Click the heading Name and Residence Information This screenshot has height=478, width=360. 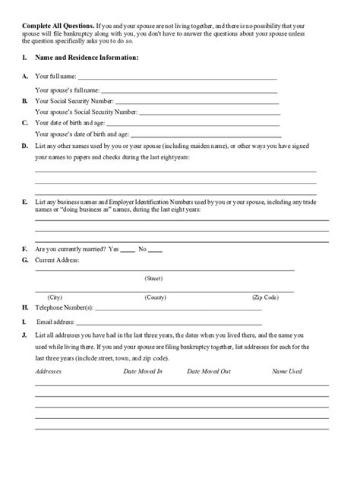tap(86, 58)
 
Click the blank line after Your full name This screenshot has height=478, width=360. tap(177, 78)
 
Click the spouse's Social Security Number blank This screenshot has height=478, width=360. tap(209, 114)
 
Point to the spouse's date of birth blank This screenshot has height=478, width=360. tap(205, 136)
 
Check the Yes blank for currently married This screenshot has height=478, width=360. tap(127, 251)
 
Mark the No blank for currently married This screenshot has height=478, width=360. tap(155, 251)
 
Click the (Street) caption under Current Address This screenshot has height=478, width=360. tap(153, 278)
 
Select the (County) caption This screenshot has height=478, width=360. tap(155, 297)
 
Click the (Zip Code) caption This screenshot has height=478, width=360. tap(265, 297)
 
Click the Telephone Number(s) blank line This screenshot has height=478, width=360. tap(178, 310)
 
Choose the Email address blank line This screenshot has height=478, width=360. tap(169, 324)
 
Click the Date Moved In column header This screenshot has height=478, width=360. tap(143, 372)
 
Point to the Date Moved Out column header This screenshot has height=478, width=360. tap(208, 372)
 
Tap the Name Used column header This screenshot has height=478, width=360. tap(286, 372)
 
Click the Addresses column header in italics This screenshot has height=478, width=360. tap(48, 372)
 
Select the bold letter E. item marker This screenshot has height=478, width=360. tap(24, 203)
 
